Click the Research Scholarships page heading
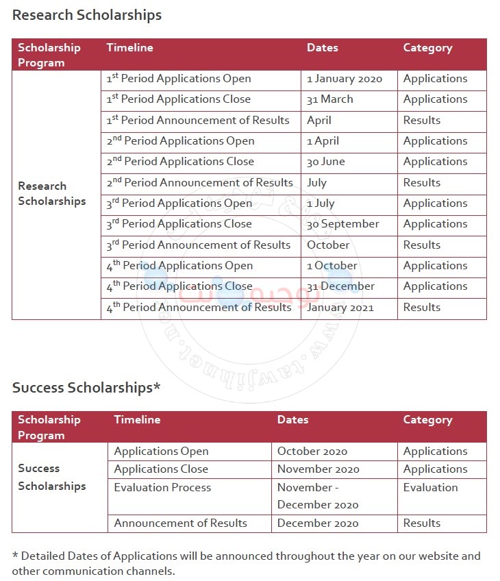point(87,15)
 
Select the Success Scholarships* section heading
point(86,388)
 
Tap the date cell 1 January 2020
point(344,79)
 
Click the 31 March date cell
point(330,99)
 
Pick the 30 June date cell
point(326,162)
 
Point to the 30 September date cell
point(342,224)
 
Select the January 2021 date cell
point(340,308)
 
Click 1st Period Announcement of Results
point(198,121)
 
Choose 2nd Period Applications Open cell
point(180,141)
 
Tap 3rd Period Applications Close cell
point(179,224)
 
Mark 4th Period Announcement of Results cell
point(199,308)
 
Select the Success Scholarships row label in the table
point(52,478)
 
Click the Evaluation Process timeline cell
point(162,488)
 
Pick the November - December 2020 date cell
point(318,496)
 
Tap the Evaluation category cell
point(430,488)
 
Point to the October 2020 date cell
point(312,452)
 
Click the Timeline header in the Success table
point(137,420)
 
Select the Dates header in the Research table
point(323,48)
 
